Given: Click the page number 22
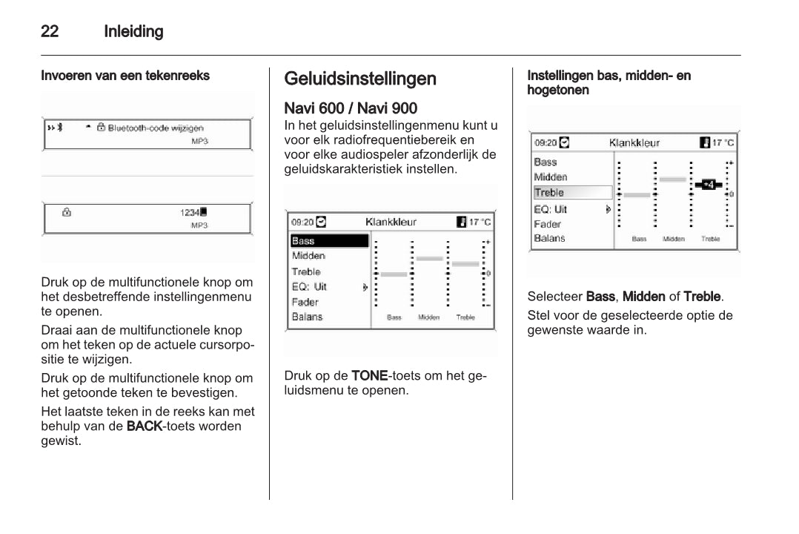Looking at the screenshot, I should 50,32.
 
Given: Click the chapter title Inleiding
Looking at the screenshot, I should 133,32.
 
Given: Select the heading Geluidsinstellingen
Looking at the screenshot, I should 360,79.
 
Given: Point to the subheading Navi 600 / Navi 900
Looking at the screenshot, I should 351,109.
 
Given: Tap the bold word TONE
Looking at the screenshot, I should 369,375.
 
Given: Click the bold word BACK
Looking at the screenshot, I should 144,426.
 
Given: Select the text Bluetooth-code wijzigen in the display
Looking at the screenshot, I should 156,128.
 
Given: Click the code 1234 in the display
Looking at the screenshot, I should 190,212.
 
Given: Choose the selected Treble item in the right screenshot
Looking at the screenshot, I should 549,193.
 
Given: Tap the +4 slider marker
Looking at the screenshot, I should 709,185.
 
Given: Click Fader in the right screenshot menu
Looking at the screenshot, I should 548,224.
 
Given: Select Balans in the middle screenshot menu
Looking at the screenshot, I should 308,317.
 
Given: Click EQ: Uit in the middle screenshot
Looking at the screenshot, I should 309,287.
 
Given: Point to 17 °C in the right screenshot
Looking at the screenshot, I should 723,142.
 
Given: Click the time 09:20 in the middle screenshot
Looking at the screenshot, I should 302,222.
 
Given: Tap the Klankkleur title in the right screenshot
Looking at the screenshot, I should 634,142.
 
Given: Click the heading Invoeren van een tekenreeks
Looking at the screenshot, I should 125,76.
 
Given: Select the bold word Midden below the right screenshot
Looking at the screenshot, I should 643,297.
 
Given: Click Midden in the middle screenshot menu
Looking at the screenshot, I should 308,256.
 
